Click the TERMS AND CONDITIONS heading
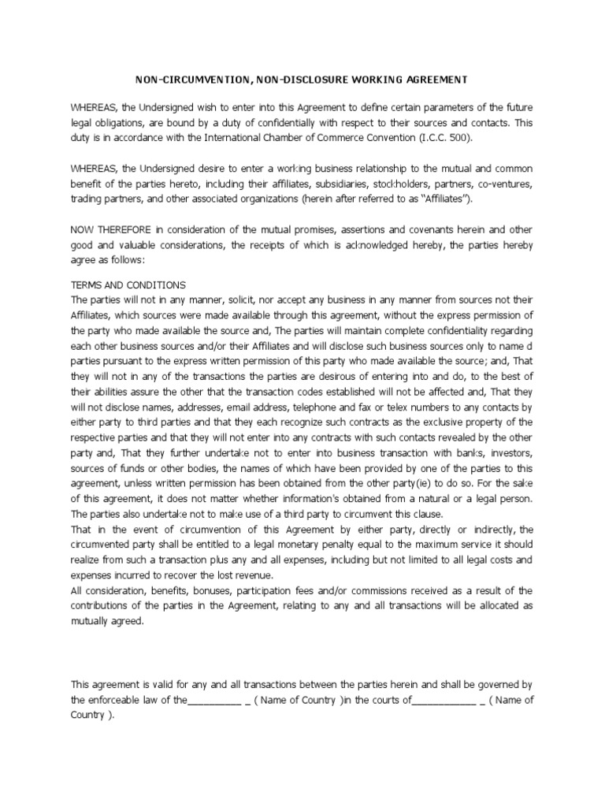pyautogui.click(x=128, y=284)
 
